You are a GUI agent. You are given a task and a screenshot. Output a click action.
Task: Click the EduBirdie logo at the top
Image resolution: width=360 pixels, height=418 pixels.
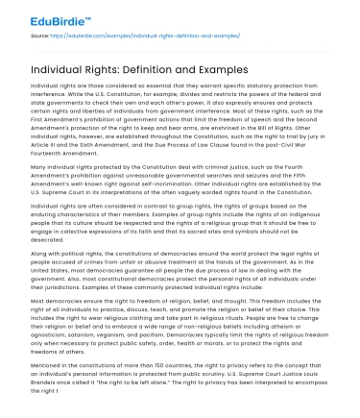39,14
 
